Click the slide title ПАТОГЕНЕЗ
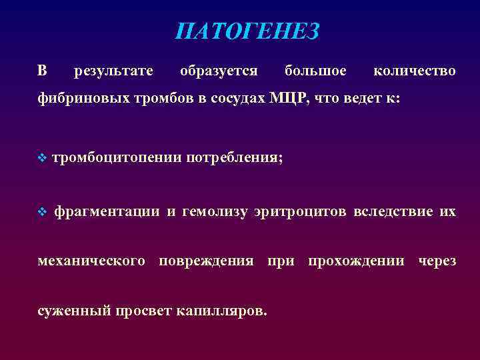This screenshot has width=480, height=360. [x=247, y=31]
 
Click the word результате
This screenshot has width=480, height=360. [x=113, y=70]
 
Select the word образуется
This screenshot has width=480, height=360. [x=219, y=70]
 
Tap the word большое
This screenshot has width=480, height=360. [x=315, y=70]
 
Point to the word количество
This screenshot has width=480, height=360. [x=415, y=70]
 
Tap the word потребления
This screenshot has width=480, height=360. [x=235, y=158]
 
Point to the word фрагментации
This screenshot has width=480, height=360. [x=107, y=212]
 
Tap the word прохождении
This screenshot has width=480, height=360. [x=356, y=261]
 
